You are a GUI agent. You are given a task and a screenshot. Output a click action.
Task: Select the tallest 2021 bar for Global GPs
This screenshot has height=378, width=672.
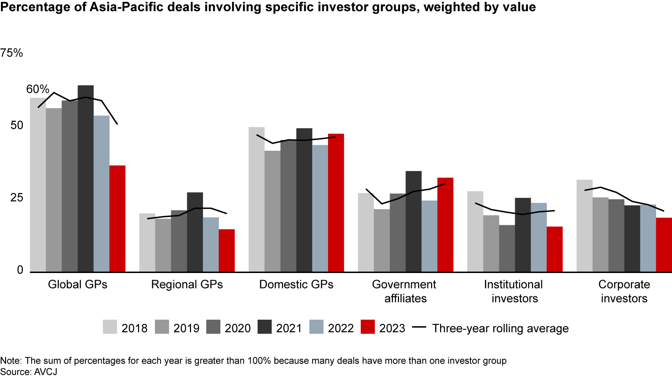[x=85, y=178]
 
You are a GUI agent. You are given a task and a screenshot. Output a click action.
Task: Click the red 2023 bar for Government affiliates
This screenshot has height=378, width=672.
[x=445, y=224]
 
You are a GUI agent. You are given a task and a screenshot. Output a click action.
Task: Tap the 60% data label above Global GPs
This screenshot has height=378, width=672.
[x=38, y=89]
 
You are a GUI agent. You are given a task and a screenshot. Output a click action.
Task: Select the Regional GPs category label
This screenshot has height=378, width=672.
[x=187, y=285]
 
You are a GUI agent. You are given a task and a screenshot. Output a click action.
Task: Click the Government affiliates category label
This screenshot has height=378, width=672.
[x=404, y=291]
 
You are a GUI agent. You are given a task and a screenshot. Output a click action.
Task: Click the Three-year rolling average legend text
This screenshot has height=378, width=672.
[x=500, y=328]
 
